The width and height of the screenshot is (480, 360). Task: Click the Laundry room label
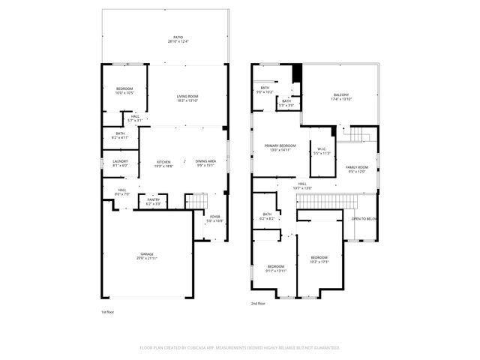pyautogui.click(x=120, y=163)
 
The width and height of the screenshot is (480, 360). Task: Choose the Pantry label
pyautogui.click(x=153, y=201)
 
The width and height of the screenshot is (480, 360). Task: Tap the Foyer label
pyautogui.click(x=215, y=218)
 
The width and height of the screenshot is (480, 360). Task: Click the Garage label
pyautogui.click(x=147, y=256)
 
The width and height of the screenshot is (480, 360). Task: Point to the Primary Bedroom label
pyautogui.click(x=279, y=147)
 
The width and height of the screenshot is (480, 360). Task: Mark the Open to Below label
pyautogui.click(x=364, y=219)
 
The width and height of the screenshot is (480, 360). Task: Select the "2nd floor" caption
pyautogui.click(x=259, y=304)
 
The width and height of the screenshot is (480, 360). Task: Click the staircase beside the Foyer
pyautogui.click(x=196, y=200)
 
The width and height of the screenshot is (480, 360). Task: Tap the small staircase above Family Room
pyautogui.click(x=358, y=134)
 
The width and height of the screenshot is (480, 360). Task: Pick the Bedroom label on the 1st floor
pyautogui.click(x=124, y=91)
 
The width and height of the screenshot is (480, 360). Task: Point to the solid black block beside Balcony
pyautogui.click(x=297, y=73)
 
